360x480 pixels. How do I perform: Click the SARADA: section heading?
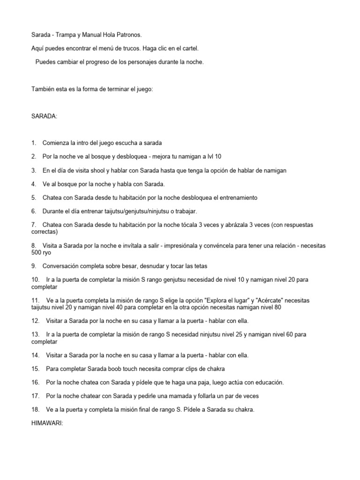[x=45, y=116]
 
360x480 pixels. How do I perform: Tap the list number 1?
[x=34, y=143]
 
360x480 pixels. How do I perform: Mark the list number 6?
[x=34, y=211]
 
